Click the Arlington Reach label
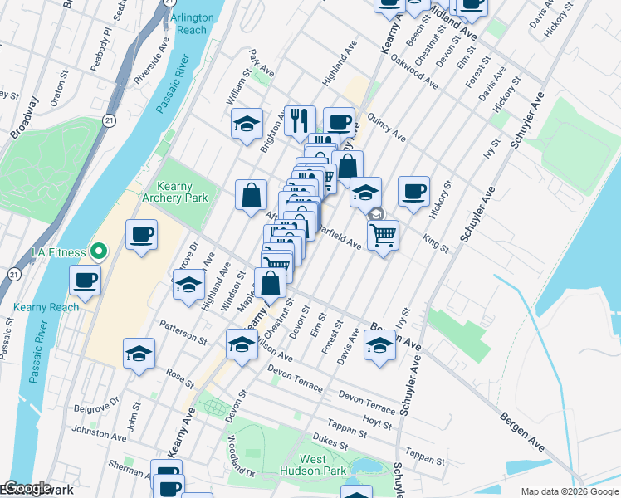192,23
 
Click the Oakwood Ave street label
414,76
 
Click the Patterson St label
183,333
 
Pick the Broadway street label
24,117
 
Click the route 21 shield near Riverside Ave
109,120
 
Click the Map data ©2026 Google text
569,491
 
